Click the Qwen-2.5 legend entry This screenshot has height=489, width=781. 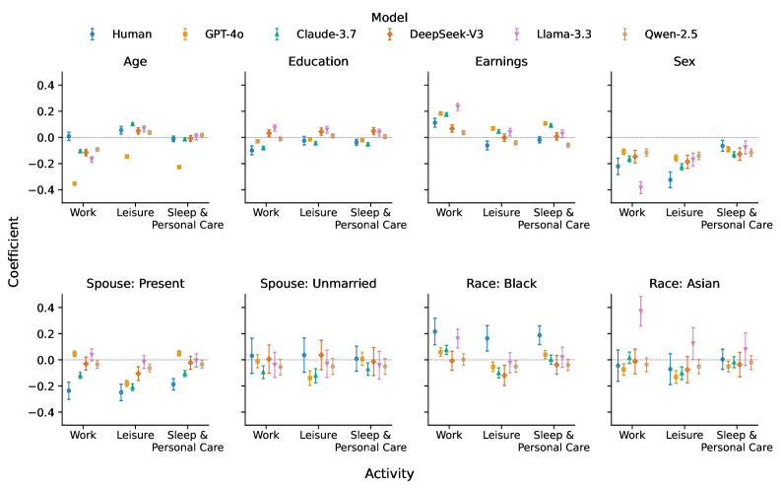tap(669, 34)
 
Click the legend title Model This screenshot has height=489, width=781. tap(390, 16)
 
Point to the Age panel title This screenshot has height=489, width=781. tap(136, 61)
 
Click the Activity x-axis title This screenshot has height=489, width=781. tap(390, 473)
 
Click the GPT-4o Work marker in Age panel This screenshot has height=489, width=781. tap(75, 183)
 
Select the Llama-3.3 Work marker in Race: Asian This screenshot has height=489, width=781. tap(640, 311)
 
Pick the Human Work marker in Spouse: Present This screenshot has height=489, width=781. tap(68, 390)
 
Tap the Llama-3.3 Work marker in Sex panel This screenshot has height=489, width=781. tap(640, 186)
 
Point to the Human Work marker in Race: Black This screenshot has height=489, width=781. tap(434, 331)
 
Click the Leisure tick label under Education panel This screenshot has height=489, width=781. tap(319, 212)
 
